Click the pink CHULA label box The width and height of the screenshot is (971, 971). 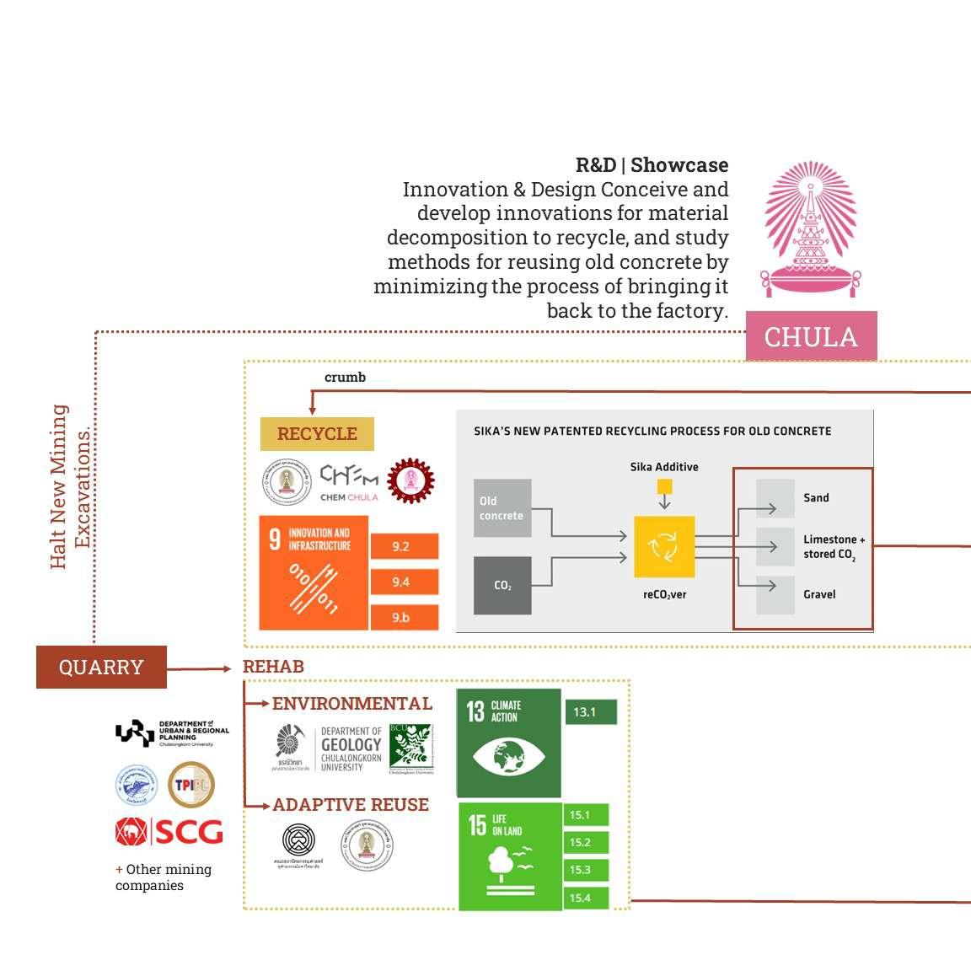pyautogui.click(x=811, y=336)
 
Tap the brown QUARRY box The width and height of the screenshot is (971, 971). pyautogui.click(x=101, y=667)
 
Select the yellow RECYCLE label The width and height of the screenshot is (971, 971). pyautogui.click(x=317, y=434)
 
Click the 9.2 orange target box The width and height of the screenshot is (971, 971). pyautogui.click(x=404, y=546)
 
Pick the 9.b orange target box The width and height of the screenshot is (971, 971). pyautogui.click(x=404, y=617)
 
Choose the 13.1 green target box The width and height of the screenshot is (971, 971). pyautogui.click(x=590, y=712)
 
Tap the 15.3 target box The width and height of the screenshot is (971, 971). pyautogui.click(x=585, y=870)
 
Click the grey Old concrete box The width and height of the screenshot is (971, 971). pyautogui.click(x=502, y=508)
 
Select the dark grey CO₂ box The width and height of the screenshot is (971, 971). pyautogui.click(x=502, y=585)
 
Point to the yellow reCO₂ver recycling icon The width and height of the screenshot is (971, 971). pyautogui.click(x=664, y=547)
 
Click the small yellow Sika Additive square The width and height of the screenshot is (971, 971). pyautogui.click(x=664, y=486)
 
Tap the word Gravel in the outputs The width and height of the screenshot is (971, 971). pyautogui.click(x=819, y=594)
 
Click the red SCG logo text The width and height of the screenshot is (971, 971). pyautogui.click(x=188, y=833)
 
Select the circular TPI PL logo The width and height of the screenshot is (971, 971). pyautogui.click(x=191, y=785)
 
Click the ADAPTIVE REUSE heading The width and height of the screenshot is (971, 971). pyautogui.click(x=351, y=805)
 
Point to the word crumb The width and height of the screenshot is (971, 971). pyautogui.click(x=345, y=377)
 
